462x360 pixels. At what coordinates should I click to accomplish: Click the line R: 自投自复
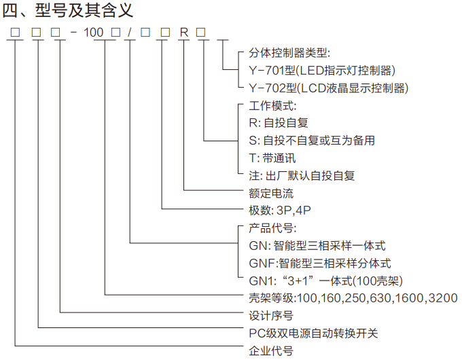pos(279,123)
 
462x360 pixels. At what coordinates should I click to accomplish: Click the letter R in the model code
pos(182,32)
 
